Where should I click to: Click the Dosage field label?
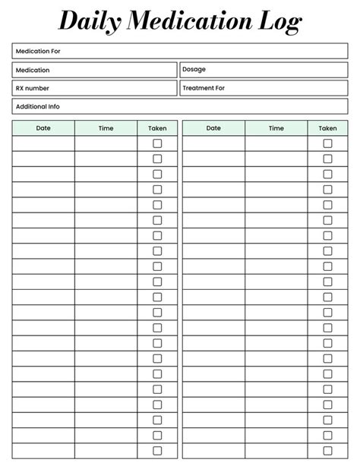coord(194,70)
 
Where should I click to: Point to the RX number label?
coord(33,89)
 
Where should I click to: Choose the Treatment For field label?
coord(204,88)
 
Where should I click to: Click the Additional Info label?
coord(38,107)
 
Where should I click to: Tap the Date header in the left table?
coord(43,128)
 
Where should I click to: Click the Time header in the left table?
coord(106,128)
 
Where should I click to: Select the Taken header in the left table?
coord(157,128)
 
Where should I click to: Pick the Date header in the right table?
coord(213,128)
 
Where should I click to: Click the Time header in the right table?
coord(276,128)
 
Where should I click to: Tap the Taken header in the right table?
coord(327,128)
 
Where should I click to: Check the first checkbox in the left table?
coord(157,143)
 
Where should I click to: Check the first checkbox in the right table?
coord(327,143)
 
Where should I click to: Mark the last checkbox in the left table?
coord(157,451)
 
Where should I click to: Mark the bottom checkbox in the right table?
coord(327,451)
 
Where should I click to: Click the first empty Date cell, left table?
coord(43,143)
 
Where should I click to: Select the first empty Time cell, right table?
coord(276,143)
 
